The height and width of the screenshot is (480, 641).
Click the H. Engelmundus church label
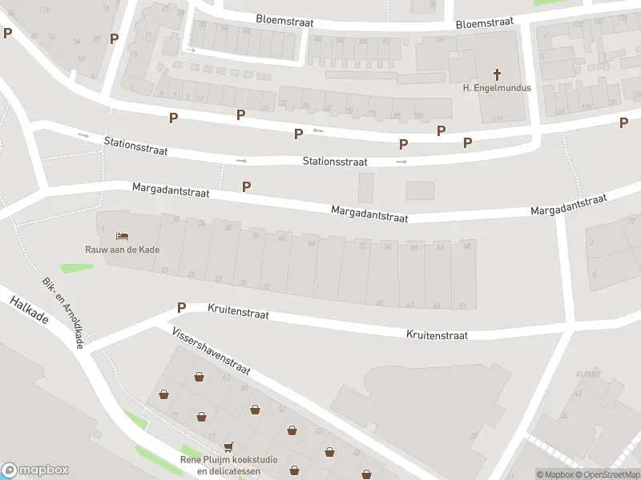tap(497, 88)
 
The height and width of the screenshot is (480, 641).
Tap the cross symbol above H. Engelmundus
tap(497, 74)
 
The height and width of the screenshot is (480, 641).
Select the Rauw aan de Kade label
tap(123, 250)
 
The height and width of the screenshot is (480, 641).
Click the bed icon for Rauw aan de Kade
tap(122, 236)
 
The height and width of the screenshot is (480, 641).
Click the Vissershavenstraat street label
tap(211, 350)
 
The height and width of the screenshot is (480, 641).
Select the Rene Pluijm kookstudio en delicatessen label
tap(229, 465)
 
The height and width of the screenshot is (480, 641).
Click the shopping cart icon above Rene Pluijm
tap(229, 447)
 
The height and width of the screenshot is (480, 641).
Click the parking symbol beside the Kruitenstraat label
tap(181, 307)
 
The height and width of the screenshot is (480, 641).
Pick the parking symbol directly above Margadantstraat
tap(247, 186)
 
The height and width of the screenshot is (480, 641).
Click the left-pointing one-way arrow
tap(318, 130)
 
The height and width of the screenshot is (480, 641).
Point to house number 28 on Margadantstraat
tap(228, 228)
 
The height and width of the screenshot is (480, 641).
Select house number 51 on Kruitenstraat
tap(462, 305)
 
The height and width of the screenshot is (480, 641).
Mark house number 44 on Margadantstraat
tap(311, 242)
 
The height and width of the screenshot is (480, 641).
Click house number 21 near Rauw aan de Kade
tap(165, 270)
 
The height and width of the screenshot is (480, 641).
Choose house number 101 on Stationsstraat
tap(418, 115)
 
